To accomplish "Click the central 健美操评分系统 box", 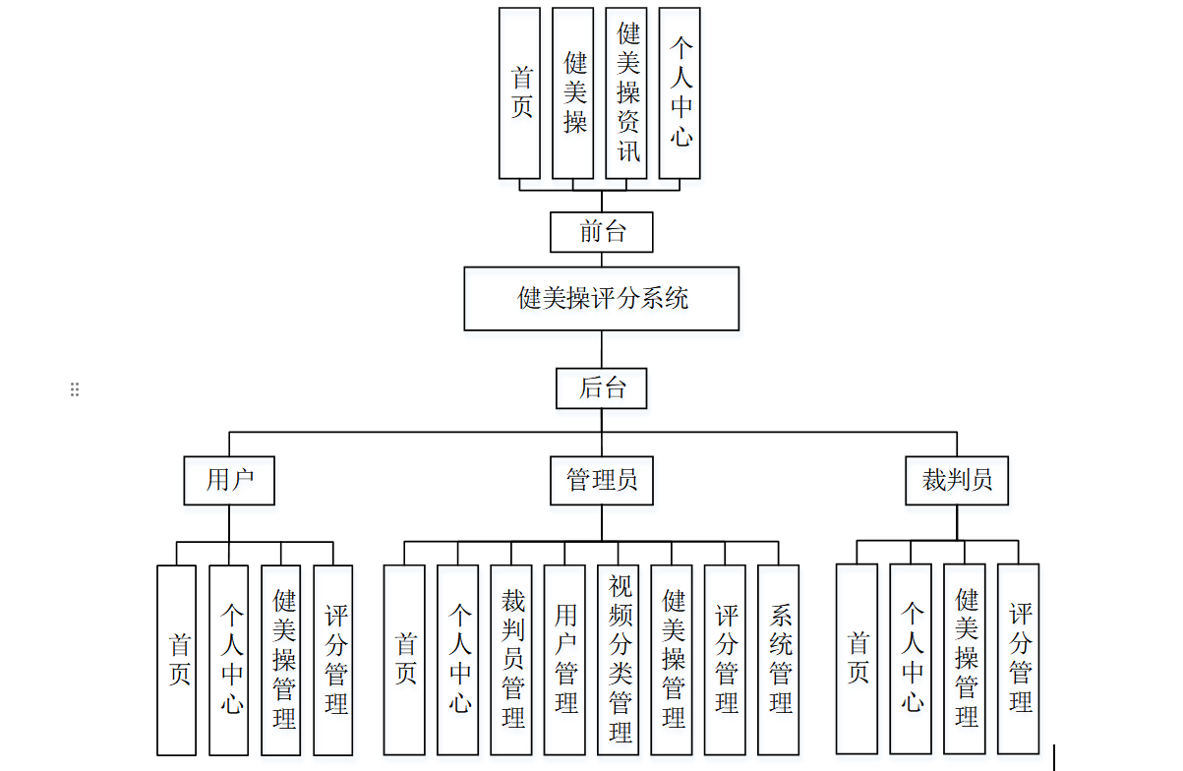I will click(x=601, y=298).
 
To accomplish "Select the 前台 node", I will click(x=601, y=232).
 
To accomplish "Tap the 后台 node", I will click(x=601, y=387).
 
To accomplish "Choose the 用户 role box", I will click(x=229, y=480).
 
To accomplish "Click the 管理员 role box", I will click(x=601, y=480).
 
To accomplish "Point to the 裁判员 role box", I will click(x=957, y=480).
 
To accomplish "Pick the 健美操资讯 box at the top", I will click(x=626, y=93).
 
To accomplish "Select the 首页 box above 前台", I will click(x=520, y=93).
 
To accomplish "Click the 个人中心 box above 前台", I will click(x=680, y=93).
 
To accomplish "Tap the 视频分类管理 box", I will click(x=619, y=659).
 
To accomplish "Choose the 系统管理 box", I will click(x=779, y=659).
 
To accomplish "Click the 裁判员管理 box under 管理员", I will click(x=511, y=659).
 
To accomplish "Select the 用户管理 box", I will click(x=564, y=659).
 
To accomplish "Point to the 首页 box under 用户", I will click(x=177, y=659).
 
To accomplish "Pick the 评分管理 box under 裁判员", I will click(x=1018, y=658).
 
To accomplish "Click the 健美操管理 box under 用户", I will click(x=282, y=659).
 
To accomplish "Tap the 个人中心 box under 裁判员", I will click(x=911, y=658).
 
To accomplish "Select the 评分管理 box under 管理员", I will click(x=726, y=659).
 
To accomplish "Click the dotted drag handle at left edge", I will click(x=75, y=389).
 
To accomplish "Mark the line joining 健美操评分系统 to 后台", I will click(x=601, y=349).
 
